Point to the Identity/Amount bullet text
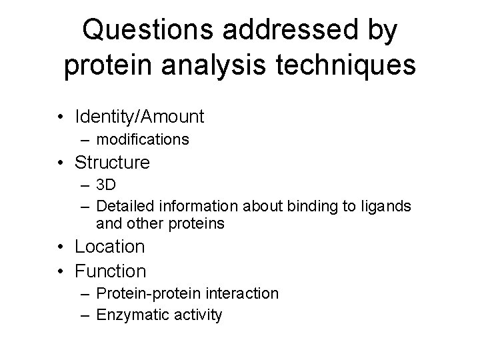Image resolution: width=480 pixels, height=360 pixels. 139,117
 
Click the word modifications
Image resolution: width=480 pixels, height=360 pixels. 143,139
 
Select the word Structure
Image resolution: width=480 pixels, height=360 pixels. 113,162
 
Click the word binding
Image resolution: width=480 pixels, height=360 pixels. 312,207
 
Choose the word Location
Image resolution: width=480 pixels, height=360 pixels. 110,247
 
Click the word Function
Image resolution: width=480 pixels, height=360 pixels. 111,271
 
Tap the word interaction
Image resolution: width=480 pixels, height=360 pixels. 241,293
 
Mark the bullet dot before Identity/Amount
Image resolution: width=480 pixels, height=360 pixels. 61,117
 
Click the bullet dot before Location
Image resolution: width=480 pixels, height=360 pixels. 61,247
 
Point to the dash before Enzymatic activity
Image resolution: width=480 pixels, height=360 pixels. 87,315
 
